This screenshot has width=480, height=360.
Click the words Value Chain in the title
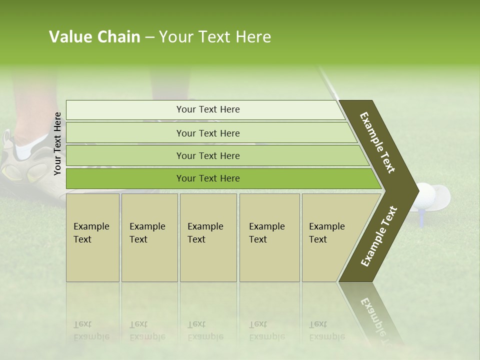click(94, 37)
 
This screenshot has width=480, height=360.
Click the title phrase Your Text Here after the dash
click(215, 37)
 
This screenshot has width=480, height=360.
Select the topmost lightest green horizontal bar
click(205, 109)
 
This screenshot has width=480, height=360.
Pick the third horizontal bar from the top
click(215, 155)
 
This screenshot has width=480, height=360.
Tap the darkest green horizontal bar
click(220, 178)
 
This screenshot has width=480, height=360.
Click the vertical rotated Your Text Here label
click(57, 143)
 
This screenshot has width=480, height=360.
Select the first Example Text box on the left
click(92, 237)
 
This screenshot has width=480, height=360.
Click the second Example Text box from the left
click(149, 237)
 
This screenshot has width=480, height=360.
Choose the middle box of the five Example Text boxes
click(208, 237)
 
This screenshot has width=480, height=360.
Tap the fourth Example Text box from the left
click(269, 237)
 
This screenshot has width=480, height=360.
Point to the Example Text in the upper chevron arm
click(377, 142)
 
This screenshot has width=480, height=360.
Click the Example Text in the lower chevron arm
click(379, 236)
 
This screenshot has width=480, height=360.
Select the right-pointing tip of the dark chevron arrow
click(416, 189)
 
